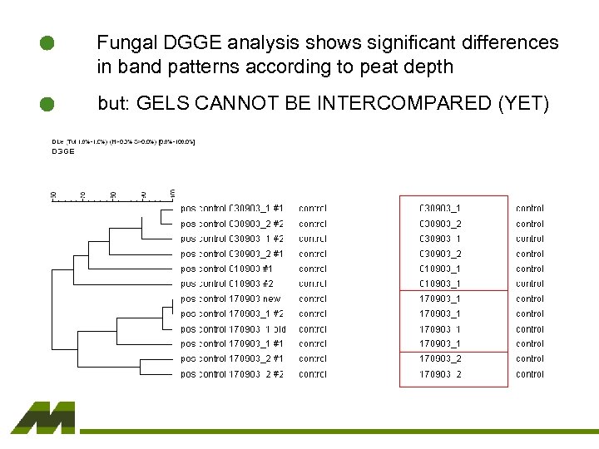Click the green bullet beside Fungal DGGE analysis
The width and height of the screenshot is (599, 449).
point(47,44)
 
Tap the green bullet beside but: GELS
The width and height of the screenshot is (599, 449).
point(47,104)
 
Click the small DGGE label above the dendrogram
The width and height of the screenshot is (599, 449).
point(63,151)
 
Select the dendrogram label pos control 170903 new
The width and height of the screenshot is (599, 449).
point(230,299)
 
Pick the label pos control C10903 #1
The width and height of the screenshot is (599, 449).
point(226,269)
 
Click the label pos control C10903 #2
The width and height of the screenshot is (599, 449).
point(226,284)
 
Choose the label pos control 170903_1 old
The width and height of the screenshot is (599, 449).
point(233,328)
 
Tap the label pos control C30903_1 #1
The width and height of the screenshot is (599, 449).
point(232,209)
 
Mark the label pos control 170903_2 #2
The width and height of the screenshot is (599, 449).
point(232,373)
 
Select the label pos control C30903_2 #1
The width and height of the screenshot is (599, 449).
point(232,254)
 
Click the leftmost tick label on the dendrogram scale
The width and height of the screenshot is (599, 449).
point(53,195)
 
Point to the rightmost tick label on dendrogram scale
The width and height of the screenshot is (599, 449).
point(173,195)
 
